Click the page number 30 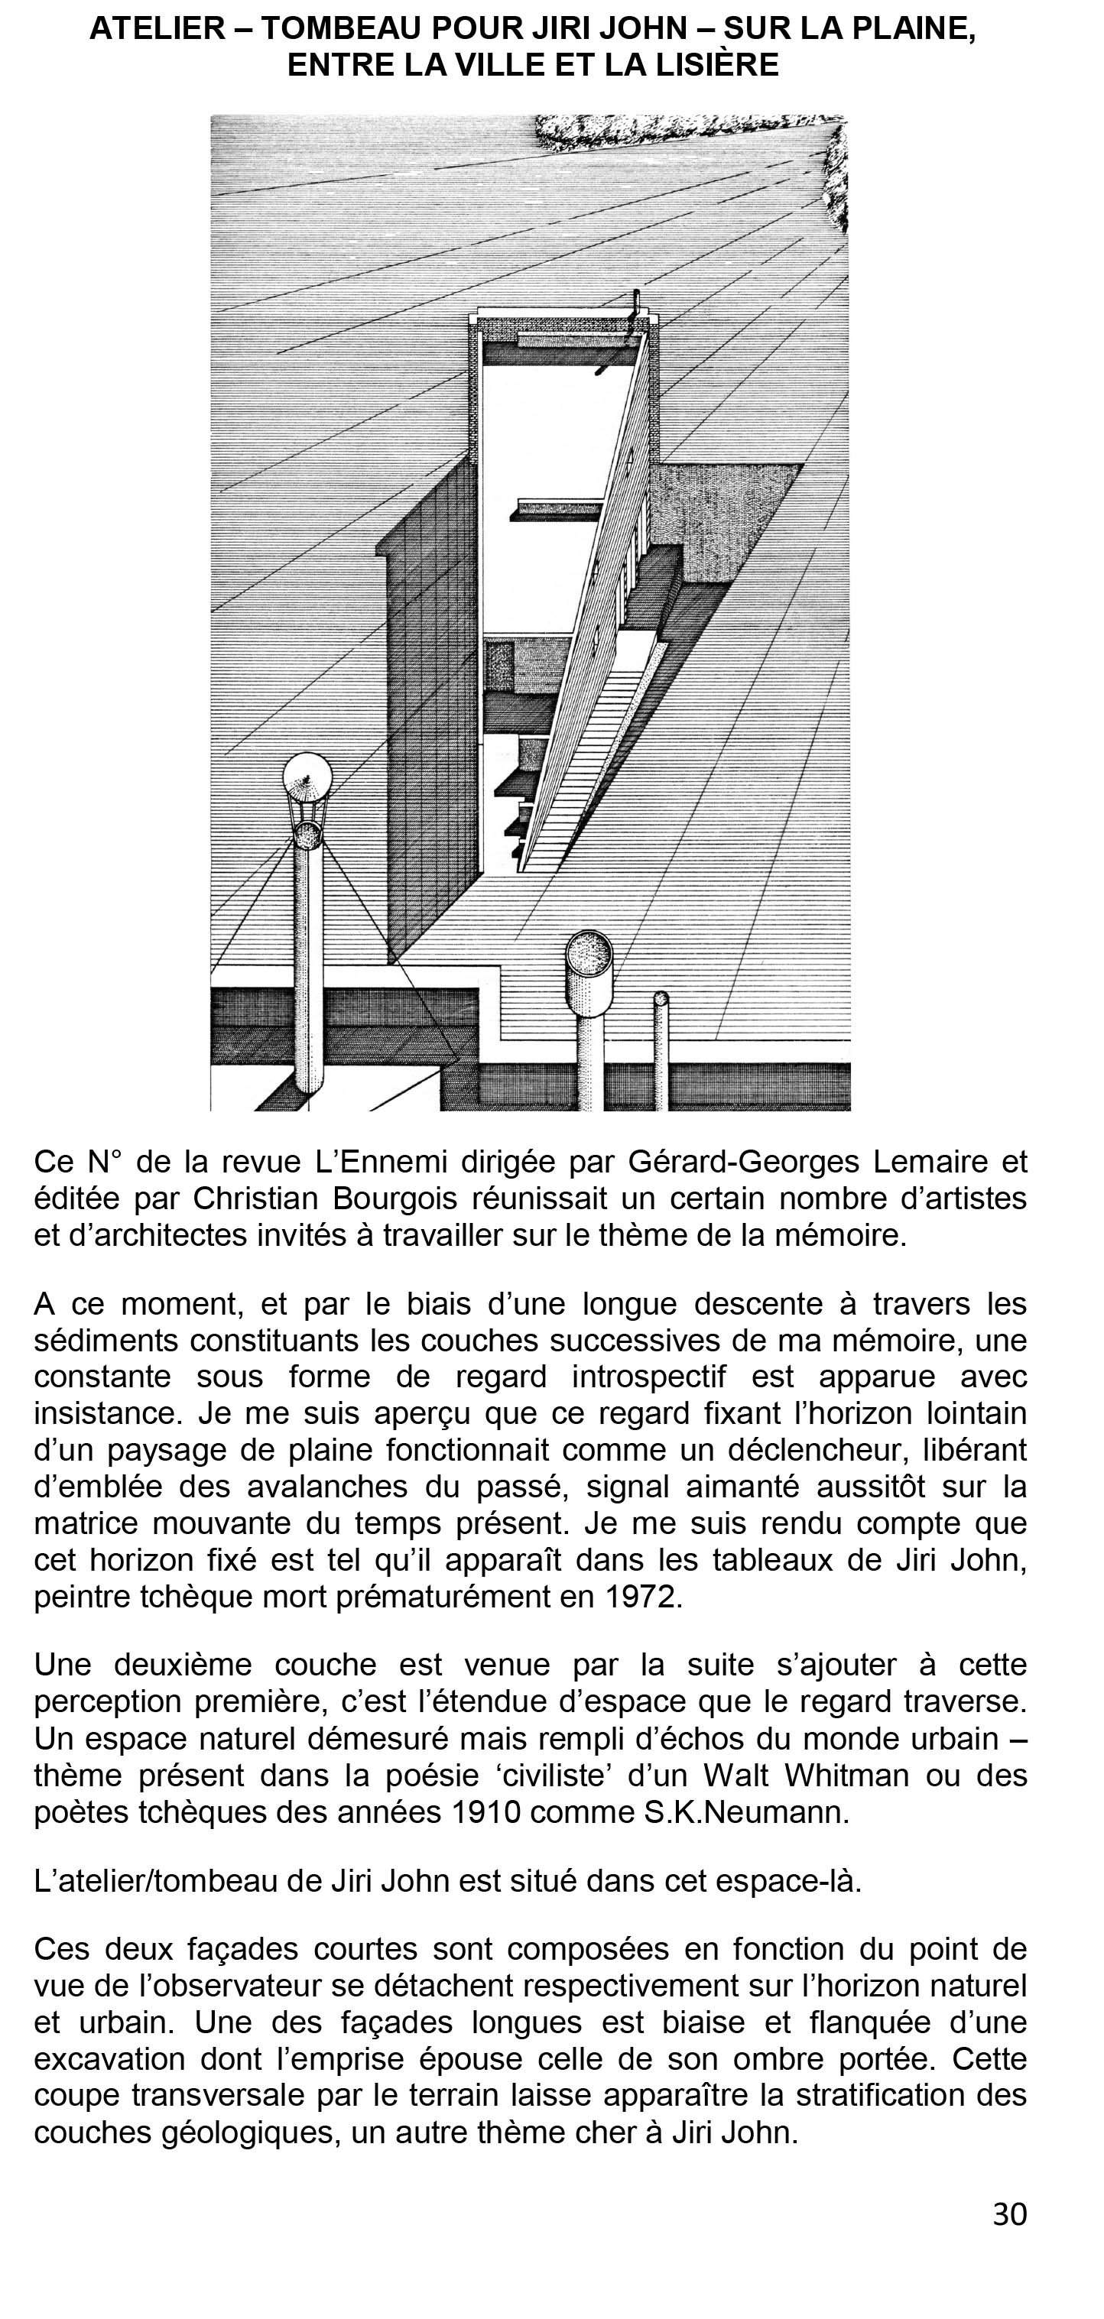coord(1009,2214)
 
